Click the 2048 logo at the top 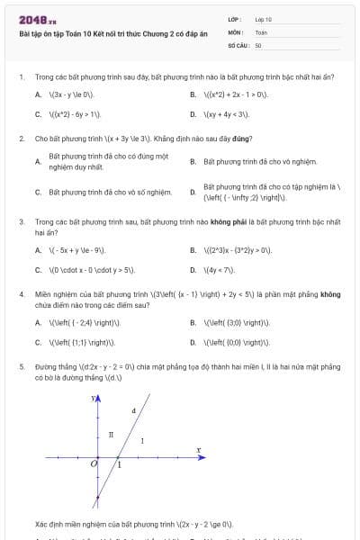pos(37,19)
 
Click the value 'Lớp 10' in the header pos(264,18)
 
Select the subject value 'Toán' pos(261,31)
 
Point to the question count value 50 pos(258,44)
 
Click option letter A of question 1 pos(38,94)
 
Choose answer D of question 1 pos(193,114)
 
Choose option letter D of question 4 pos(193,342)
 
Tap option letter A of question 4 pos(38,321)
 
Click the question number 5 pos(21,366)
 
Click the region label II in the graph pos(111,434)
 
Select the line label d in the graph pos(133,409)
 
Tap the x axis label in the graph pos(198,448)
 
